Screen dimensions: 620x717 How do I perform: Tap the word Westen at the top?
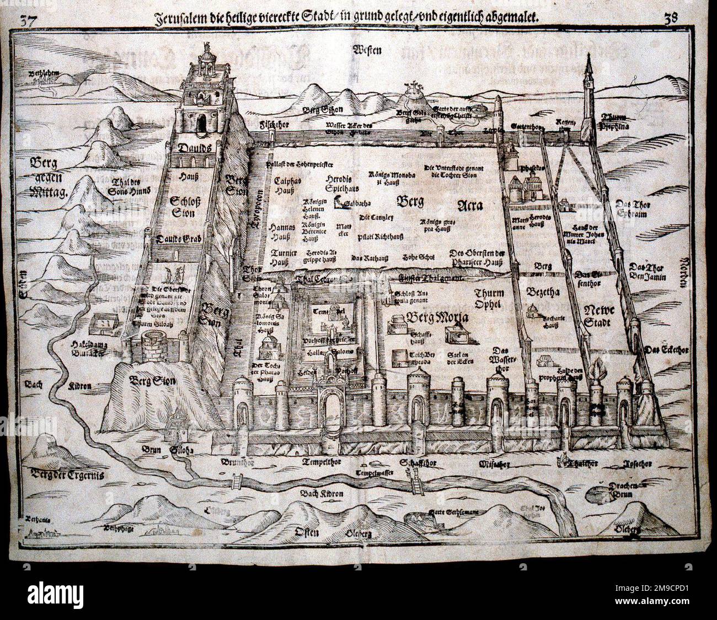(369, 51)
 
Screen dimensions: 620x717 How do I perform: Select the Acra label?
(470, 206)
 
